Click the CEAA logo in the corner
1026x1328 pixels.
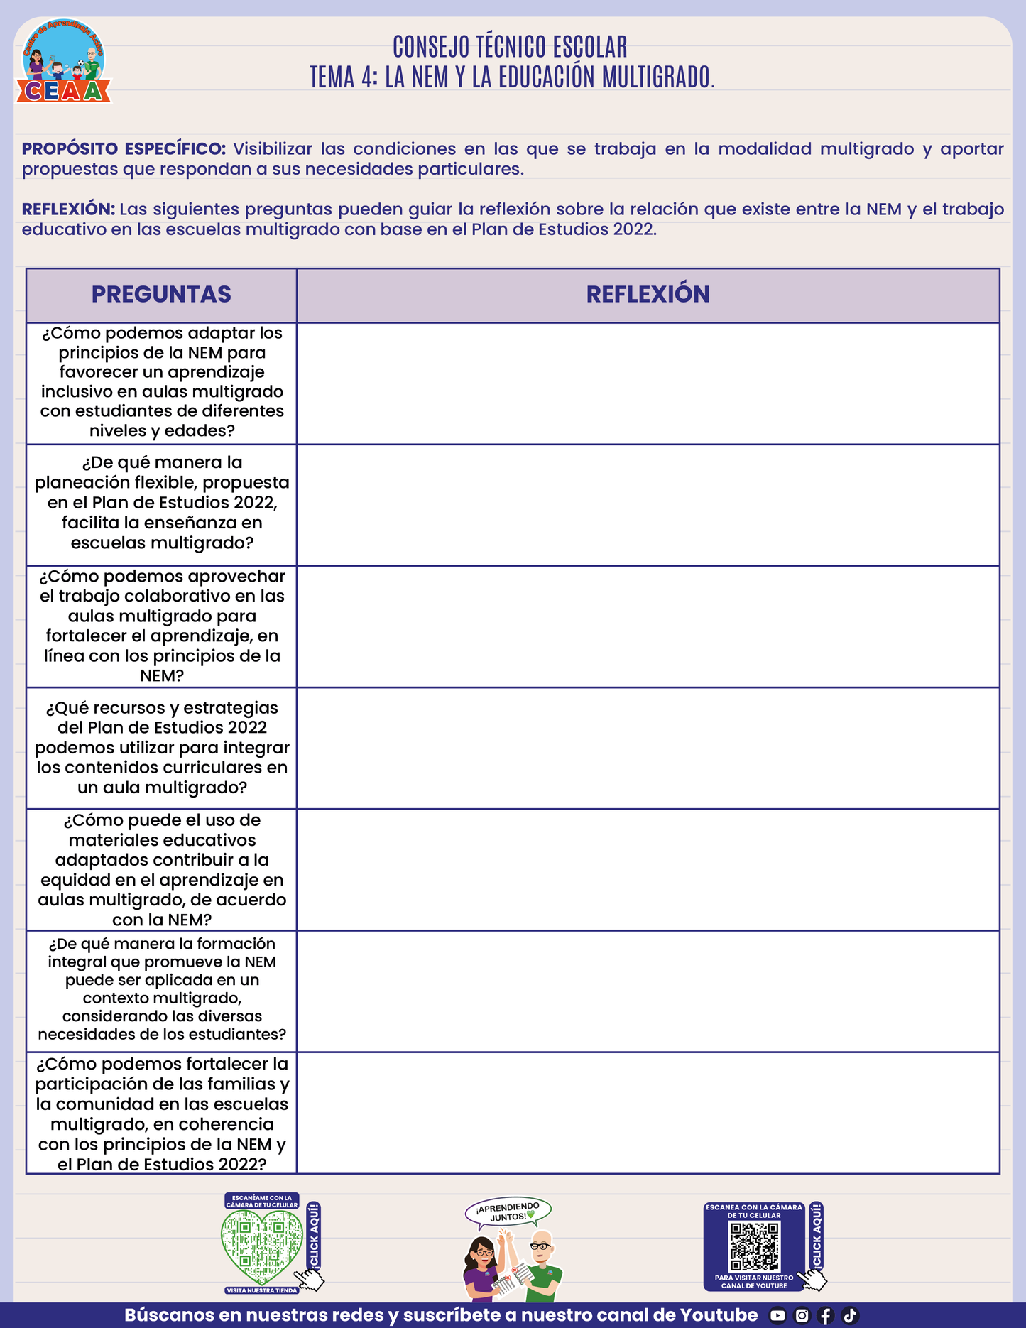[x=63, y=62]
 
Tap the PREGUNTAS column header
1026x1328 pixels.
[x=161, y=295]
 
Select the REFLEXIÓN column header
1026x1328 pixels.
[x=648, y=295]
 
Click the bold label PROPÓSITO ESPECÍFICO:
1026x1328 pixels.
[x=124, y=149]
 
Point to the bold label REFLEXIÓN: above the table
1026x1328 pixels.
[x=68, y=209]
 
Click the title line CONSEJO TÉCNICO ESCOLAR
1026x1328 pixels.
[x=510, y=47]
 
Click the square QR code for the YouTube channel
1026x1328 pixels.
[x=755, y=1246]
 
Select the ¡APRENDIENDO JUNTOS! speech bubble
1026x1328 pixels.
[x=508, y=1212]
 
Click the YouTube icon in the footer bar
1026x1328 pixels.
[x=777, y=1316]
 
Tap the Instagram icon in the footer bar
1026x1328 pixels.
[x=802, y=1316]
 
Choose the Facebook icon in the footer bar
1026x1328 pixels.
[x=825, y=1316]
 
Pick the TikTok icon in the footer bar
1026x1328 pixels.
[x=850, y=1316]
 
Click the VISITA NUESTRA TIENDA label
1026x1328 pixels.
[x=262, y=1290]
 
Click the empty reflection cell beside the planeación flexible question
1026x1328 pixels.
[x=648, y=505]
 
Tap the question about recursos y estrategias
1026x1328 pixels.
[x=162, y=748]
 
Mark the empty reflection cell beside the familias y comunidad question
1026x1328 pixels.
[x=648, y=1113]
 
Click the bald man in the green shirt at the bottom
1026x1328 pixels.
[x=543, y=1268]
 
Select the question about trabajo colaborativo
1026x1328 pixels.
[x=162, y=626]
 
